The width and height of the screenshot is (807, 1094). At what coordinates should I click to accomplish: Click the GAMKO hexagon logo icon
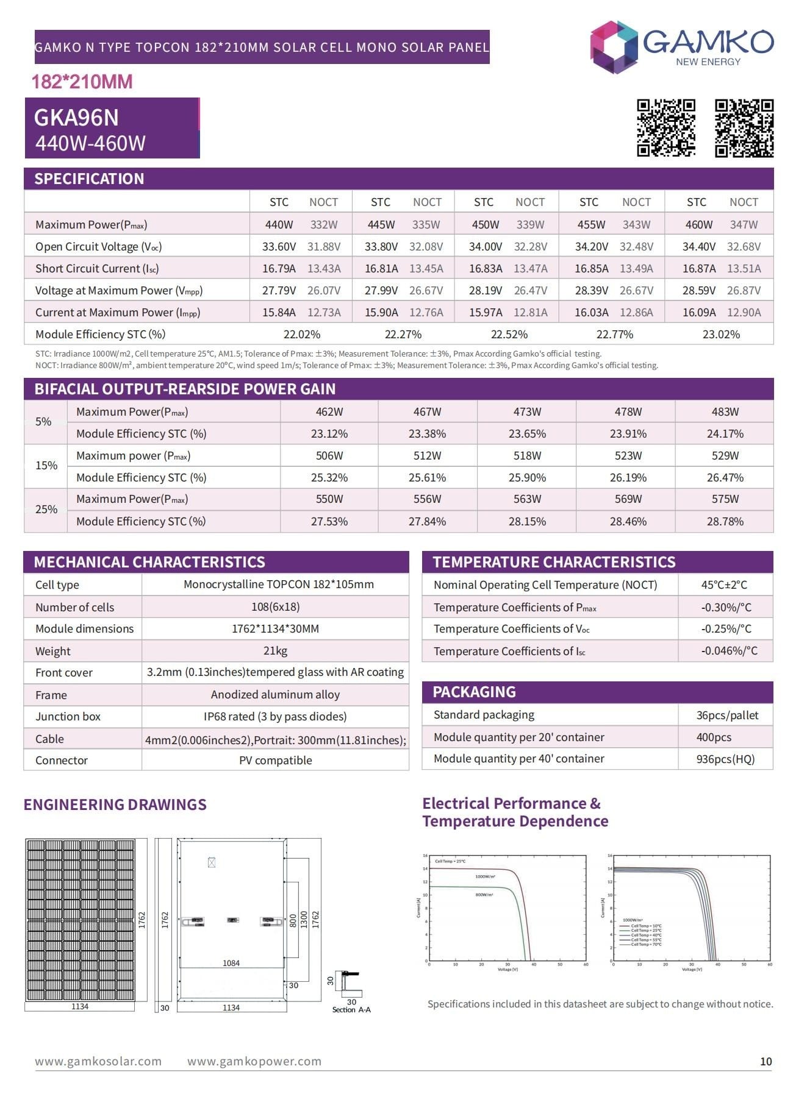tap(614, 47)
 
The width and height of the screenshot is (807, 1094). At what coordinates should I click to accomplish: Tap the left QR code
tap(665, 128)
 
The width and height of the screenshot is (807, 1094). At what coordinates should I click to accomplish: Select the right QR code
tap(744, 128)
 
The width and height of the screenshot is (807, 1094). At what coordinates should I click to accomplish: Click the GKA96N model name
tap(76, 118)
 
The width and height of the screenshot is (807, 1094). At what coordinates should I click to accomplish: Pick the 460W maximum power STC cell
tap(698, 224)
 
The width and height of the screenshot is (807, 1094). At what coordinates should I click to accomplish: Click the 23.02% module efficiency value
tap(721, 334)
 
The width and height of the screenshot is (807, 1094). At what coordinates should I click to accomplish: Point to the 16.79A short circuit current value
tap(279, 268)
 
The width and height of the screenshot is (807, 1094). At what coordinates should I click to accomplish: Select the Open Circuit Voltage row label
tap(98, 246)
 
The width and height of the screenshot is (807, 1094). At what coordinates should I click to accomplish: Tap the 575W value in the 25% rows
tap(725, 499)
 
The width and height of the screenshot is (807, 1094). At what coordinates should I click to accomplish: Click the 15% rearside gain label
tap(46, 466)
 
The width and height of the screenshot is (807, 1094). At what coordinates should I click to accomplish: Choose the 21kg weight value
tap(275, 650)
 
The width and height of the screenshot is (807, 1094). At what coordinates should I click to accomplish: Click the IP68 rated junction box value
tap(275, 716)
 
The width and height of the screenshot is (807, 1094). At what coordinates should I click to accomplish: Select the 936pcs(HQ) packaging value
tap(725, 759)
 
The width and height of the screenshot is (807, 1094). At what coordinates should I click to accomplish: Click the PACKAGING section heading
tap(474, 692)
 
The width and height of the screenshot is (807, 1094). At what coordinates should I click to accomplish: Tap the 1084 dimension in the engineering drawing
tap(231, 963)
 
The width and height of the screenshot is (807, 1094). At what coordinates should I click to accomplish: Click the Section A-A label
tap(351, 1010)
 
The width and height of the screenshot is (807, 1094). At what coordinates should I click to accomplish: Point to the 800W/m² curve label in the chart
tap(484, 895)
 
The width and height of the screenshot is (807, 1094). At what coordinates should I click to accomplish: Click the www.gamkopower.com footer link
tap(254, 1061)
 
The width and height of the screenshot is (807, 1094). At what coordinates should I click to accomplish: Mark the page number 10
tap(766, 1061)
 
